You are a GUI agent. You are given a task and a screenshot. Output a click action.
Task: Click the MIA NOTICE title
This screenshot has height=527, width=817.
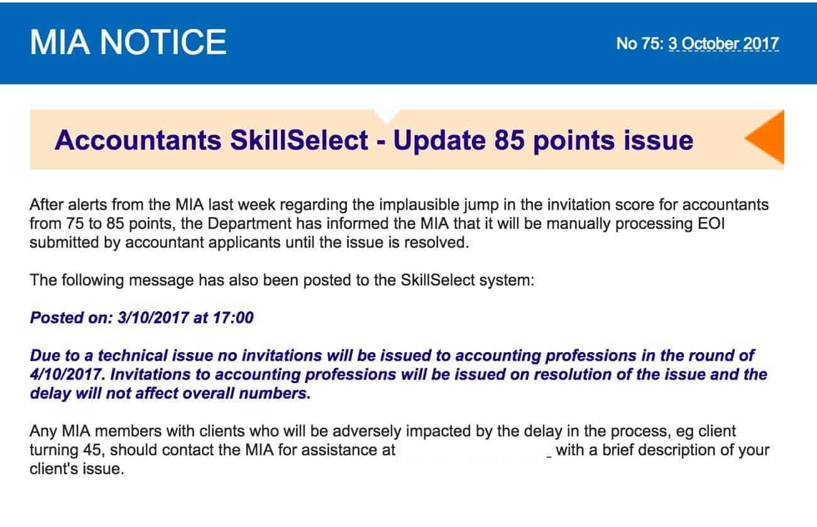(x=128, y=42)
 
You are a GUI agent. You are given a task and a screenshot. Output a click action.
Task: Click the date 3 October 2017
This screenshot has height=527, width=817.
(x=723, y=44)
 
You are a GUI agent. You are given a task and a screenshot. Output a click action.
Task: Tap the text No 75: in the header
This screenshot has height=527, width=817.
(x=640, y=44)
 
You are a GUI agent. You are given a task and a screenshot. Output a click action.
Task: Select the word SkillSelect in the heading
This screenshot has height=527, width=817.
(x=299, y=140)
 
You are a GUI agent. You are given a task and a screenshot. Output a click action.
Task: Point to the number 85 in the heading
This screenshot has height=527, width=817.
(x=509, y=140)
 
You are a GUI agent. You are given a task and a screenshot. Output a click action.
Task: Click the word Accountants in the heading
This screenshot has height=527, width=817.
(x=138, y=140)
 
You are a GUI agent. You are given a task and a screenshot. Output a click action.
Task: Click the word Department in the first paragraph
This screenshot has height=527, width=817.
(x=249, y=223)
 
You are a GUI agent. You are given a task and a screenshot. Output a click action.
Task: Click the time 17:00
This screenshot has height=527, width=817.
(x=233, y=318)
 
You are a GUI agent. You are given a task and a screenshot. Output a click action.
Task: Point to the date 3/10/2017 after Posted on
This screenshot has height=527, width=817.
(x=153, y=318)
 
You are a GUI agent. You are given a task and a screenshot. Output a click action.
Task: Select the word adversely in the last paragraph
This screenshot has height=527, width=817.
(x=366, y=431)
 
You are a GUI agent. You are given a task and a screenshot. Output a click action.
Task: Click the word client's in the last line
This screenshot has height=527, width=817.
(x=53, y=469)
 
